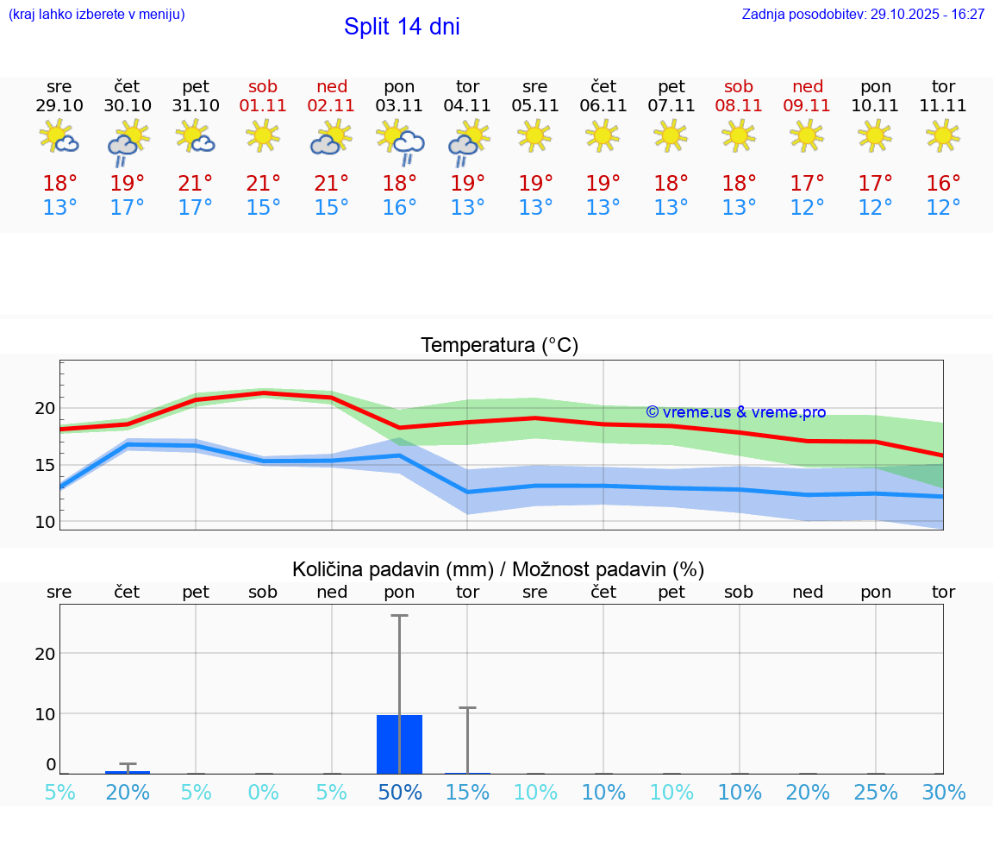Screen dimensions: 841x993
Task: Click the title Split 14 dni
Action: click(402, 27)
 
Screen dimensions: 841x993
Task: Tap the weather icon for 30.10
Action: click(128, 141)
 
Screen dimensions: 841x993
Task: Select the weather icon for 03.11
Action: click(400, 141)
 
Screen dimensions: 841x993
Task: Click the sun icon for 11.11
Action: click(943, 135)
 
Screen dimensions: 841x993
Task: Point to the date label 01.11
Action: click(264, 106)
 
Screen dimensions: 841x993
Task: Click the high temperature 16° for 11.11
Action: click(943, 184)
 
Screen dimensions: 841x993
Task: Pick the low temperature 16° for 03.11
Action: click(400, 208)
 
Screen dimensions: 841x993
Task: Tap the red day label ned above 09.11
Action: click(808, 86)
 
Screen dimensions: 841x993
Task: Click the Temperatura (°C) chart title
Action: click(499, 346)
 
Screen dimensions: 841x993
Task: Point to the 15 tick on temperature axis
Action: click(44, 465)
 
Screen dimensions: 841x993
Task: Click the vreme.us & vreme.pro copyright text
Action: click(735, 412)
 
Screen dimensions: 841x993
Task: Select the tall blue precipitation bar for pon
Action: click(400, 744)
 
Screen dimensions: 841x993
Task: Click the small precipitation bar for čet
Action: click(128, 771)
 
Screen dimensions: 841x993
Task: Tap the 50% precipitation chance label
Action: click(400, 793)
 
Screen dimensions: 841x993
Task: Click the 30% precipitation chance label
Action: click(943, 793)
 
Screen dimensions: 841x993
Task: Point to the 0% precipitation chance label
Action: click(264, 793)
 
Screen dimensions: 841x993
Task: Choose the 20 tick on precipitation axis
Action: click(44, 653)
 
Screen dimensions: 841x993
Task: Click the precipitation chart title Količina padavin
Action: click(498, 569)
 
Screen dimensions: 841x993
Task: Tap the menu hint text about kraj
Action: click(97, 14)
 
